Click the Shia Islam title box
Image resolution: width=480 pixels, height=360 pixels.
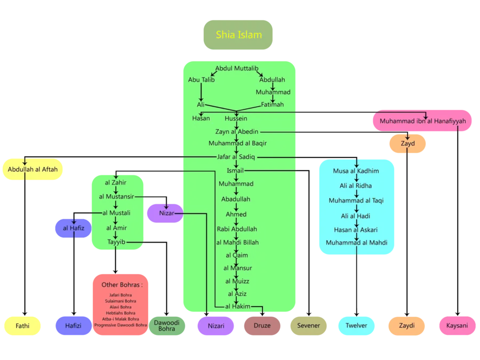pyautogui.click(x=238, y=35)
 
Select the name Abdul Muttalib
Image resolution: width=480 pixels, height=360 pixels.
pyautogui.click(x=237, y=68)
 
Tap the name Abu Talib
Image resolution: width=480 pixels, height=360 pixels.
pyautogui.click(x=201, y=79)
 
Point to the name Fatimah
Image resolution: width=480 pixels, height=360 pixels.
pyautogui.click(x=272, y=105)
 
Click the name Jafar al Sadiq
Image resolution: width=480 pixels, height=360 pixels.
pyautogui.click(x=236, y=157)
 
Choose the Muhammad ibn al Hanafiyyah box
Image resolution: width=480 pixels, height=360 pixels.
pyautogui.click(x=422, y=121)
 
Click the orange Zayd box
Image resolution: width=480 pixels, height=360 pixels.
pyautogui.click(x=407, y=143)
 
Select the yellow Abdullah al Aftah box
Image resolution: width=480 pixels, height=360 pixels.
pyautogui.click(x=33, y=169)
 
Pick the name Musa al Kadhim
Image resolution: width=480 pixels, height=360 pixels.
pyautogui.click(x=356, y=171)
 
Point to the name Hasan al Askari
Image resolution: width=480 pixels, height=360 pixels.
pyautogui.click(x=356, y=230)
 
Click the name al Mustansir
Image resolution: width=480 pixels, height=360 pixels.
pyautogui.click(x=116, y=197)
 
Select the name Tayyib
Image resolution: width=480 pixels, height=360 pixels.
pyautogui.click(x=116, y=242)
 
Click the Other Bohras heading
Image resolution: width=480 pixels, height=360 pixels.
pyautogui.click(x=122, y=284)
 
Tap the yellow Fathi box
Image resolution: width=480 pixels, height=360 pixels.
pyautogui.click(x=22, y=325)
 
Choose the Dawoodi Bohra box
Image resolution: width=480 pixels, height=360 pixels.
pyautogui.click(x=166, y=325)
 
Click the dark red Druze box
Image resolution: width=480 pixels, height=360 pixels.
pyautogui.click(x=262, y=325)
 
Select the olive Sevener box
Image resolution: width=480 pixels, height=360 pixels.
pyautogui.click(x=308, y=325)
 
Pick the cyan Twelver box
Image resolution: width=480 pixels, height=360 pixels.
pyautogui.click(x=356, y=325)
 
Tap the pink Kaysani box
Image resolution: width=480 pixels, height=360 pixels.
pyautogui.click(x=457, y=325)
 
